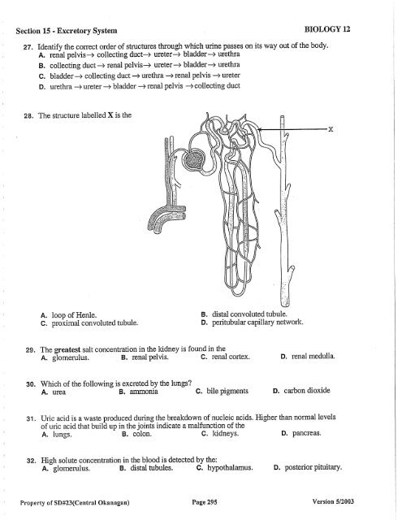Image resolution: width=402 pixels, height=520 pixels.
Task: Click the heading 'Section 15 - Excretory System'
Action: [x=67, y=31]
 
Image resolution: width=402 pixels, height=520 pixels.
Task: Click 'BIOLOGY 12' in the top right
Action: [x=327, y=29]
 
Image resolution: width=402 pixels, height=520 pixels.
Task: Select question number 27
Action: [x=27, y=47]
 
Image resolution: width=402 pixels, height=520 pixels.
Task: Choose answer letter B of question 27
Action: [x=41, y=66]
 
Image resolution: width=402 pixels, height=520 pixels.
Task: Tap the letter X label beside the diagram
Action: [x=331, y=129]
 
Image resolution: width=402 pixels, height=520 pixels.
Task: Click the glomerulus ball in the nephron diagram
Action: [x=193, y=159]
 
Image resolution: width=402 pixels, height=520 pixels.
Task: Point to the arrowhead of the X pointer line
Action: [x=260, y=129]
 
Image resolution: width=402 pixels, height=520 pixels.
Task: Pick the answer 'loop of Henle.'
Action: [x=74, y=315]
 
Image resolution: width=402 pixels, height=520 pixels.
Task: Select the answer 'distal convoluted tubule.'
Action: [x=249, y=314]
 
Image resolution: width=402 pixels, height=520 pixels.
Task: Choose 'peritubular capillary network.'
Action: [x=257, y=322]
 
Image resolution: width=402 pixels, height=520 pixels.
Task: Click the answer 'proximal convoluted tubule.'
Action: [x=95, y=323]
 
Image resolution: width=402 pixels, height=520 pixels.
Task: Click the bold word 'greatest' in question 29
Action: [x=67, y=349]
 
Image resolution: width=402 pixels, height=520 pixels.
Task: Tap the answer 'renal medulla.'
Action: [x=313, y=356]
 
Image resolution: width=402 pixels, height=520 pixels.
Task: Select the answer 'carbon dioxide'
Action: [x=307, y=390]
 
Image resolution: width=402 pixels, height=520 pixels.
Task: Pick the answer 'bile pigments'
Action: [x=227, y=391]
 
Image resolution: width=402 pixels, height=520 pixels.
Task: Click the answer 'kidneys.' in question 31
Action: [x=225, y=433]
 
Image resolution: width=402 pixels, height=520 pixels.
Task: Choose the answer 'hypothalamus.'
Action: [x=230, y=468]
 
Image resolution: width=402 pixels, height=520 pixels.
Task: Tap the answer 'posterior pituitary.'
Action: [x=313, y=467]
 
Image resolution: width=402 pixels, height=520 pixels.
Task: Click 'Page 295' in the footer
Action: [x=205, y=502]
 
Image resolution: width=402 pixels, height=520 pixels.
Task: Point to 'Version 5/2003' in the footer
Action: [x=333, y=501]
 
